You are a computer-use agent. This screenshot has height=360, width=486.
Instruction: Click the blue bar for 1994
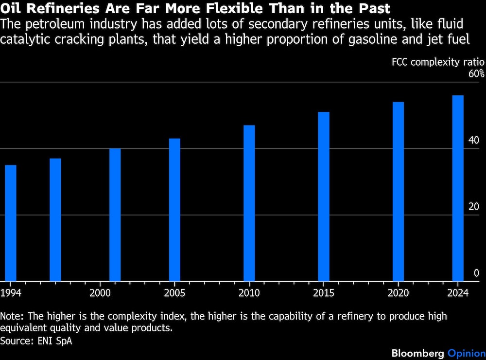point(11,223)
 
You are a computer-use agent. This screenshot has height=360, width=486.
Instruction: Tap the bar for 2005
point(174,210)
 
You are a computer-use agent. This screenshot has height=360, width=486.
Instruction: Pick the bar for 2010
point(249,203)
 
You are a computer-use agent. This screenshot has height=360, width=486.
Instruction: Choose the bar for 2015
point(324,197)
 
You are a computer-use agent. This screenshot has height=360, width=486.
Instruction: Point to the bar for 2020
point(399,192)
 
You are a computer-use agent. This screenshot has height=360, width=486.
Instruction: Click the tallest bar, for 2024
point(458,188)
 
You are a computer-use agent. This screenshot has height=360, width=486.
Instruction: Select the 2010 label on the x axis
point(249,293)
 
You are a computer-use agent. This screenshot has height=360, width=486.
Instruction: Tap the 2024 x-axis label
point(458,293)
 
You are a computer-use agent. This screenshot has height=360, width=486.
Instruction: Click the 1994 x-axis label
point(11,293)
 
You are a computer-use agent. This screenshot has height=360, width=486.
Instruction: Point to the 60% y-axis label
point(476,73)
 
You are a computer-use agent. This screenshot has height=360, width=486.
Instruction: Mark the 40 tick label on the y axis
point(474,140)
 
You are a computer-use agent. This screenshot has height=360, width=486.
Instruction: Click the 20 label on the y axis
point(474,206)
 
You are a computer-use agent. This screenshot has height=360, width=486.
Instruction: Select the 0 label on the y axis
point(477,273)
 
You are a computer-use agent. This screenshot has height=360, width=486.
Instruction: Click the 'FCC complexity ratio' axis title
point(438,62)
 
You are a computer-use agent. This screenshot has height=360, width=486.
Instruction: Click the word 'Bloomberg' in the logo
point(418,353)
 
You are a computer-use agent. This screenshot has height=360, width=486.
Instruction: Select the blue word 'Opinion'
point(467,354)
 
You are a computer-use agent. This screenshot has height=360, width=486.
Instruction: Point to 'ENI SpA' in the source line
point(55,341)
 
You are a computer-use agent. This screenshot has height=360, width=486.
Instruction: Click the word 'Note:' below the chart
point(12,316)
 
